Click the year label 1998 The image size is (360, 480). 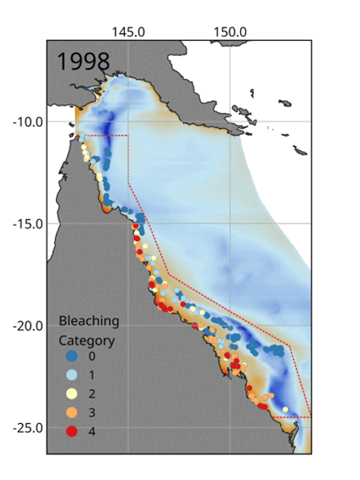point(83,61)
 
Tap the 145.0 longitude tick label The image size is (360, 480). point(128,31)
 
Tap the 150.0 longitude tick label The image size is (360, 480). point(230,31)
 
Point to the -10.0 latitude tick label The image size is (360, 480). point(27,121)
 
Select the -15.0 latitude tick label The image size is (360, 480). point(27,223)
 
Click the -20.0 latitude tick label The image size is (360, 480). point(27,325)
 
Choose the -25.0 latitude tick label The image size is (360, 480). point(27,427)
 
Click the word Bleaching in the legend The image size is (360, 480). point(88,321)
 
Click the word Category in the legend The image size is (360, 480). point(87,340)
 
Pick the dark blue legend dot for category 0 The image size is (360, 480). point(72,356)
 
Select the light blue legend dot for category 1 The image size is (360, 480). point(72,375)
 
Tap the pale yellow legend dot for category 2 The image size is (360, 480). point(72,393)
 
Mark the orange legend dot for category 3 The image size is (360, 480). point(72,412)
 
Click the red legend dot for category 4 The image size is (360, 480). point(72,431)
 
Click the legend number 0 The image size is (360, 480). point(92,356)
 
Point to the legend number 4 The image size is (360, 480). point(92,431)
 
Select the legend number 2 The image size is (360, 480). point(92,393)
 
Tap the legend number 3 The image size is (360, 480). point(92,412)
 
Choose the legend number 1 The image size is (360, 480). point(92,375)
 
